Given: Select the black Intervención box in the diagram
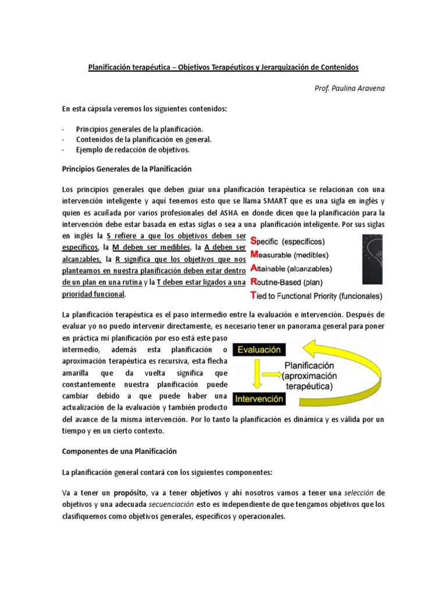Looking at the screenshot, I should [x=258, y=399].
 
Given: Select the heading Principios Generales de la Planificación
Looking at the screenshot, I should [x=126, y=169].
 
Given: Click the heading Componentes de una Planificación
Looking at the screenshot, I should [x=119, y=451].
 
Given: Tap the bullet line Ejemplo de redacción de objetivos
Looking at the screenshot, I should [x=133, y=150].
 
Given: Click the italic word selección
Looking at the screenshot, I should [x=356, y=492].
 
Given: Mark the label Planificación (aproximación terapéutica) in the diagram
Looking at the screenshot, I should [x=309, y=376].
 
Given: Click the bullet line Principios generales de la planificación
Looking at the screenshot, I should [x=140, y=129].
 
